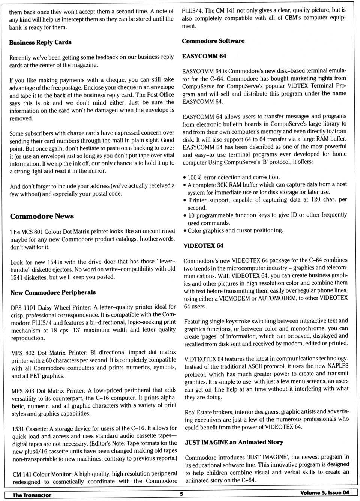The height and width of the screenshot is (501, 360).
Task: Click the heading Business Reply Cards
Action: (40, 42)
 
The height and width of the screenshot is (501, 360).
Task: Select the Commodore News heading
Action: (42, 216)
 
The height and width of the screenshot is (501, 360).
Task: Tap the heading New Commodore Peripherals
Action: (53, 292)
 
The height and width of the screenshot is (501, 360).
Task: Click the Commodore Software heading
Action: (213, 41)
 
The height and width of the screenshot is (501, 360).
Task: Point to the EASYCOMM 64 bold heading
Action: (204, 56)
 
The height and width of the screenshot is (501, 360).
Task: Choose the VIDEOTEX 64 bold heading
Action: (203, 246)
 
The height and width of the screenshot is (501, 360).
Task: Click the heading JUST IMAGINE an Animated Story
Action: (234, 442)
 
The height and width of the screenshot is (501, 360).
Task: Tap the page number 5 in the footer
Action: (181, 494)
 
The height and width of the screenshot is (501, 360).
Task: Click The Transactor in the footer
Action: (32, 495)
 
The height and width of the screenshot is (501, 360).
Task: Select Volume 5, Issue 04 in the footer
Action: (325, 493)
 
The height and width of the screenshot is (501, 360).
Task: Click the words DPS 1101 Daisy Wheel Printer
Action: (51, 307)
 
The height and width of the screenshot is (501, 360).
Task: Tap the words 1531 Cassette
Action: (30, 429)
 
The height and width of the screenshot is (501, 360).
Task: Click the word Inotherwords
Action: (157, 239)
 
